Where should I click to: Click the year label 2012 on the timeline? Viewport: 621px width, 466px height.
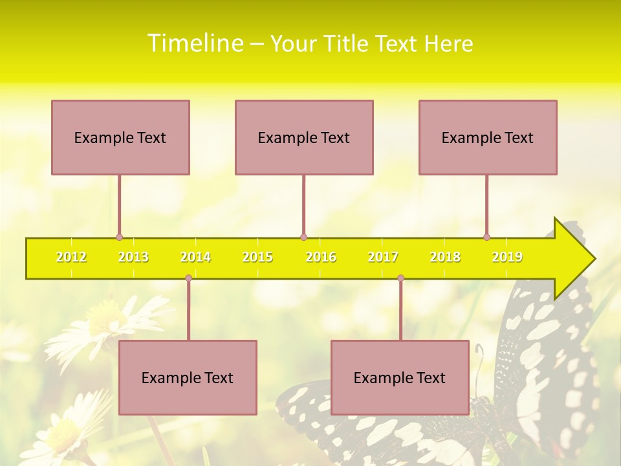71,258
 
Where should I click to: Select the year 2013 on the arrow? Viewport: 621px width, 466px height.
133,258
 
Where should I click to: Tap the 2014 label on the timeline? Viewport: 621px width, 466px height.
195,258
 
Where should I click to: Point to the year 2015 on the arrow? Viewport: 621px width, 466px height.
257,258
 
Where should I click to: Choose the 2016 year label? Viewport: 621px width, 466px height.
321,258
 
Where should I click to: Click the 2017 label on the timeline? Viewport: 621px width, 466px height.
383,258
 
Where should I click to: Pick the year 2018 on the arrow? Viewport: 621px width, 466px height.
445,258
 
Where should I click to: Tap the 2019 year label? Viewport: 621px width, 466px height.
507,258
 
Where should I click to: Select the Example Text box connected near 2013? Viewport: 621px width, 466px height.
120,137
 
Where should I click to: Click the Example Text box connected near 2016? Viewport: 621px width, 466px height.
304,137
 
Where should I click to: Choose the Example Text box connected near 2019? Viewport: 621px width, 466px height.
488,137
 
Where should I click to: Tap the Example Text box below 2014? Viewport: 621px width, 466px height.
188,377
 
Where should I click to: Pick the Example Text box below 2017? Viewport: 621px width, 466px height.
400,377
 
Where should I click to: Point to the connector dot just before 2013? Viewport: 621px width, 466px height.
119,238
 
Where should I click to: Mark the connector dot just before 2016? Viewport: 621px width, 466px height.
303,238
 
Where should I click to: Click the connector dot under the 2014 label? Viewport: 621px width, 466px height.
188,278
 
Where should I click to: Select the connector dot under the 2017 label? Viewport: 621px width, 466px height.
400,278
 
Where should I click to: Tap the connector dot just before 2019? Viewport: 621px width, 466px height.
486,238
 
